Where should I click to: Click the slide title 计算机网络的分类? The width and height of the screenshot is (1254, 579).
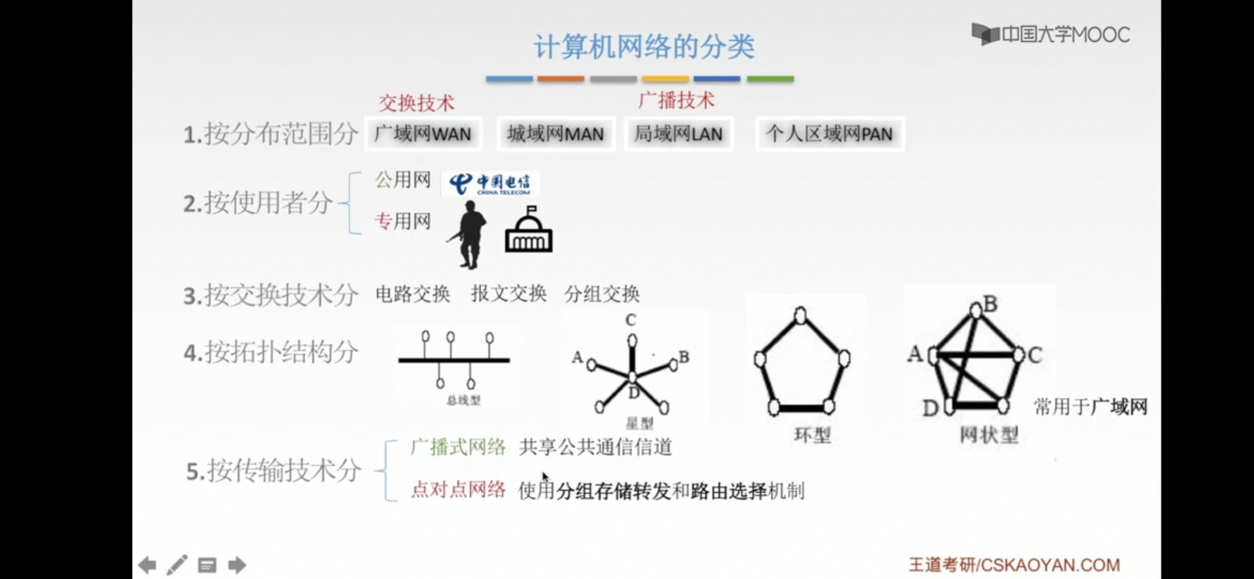point(644,47)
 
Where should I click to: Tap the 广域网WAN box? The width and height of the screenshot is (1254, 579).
point(423,133)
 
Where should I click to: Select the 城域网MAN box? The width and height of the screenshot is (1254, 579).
point(555,133)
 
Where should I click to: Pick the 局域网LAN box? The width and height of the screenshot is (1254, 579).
point(678,133)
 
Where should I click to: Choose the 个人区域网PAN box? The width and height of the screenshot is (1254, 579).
point(829,133)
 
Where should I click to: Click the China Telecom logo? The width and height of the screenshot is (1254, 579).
point(490,184)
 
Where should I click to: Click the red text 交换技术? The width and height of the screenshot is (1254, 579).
point(416,103)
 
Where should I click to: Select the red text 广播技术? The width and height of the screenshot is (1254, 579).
point(676,100)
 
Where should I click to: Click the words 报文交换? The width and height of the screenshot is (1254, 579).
point(509,294)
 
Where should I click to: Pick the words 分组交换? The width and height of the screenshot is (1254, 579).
point(602,294)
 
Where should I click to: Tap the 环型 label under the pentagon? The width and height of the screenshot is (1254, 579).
point(812,435)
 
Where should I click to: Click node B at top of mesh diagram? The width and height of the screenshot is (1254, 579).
point(976,309)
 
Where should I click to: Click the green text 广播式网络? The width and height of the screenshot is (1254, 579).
point(458,447)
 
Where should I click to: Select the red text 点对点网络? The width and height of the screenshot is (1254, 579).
point(458,489)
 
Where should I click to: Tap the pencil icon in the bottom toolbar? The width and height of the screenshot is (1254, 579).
point(177,565)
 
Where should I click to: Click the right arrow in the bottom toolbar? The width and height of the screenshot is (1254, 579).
point(237,565)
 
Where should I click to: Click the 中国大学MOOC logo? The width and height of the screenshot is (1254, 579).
point(1050,35)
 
